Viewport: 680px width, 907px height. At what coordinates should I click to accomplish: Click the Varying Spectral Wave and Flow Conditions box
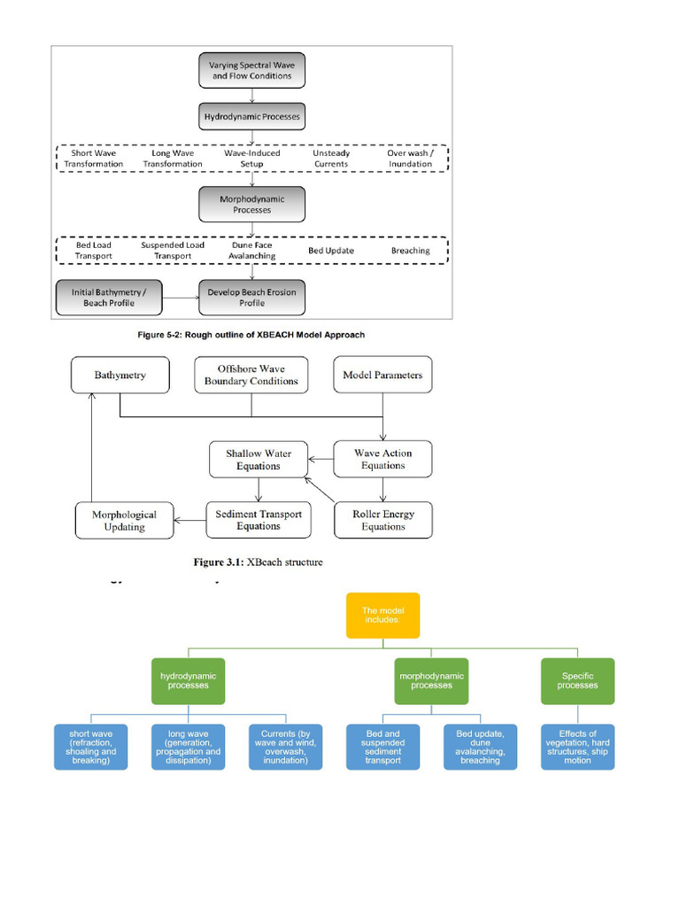click(251, 70)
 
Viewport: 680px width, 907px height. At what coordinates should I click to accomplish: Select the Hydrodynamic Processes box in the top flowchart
click(251, 117)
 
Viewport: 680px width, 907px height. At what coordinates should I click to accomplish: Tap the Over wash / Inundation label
click(410, 159)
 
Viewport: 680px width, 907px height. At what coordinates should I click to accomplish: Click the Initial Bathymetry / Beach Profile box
click(110, 298)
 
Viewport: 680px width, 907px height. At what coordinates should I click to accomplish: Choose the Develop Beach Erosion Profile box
click(251, 298)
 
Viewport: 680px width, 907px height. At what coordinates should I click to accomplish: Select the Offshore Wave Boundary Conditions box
click(251, 375)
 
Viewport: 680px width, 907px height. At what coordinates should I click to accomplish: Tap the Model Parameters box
click(382, 375)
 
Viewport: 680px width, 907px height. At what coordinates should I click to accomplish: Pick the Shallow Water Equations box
click(258, 460)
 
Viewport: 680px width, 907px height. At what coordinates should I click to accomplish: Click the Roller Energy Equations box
click(382, 520)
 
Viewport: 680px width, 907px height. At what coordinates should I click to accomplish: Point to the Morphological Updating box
click(124, 520)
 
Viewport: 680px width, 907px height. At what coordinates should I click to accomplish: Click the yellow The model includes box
click(382, 616)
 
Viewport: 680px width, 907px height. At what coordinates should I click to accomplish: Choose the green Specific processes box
click(577, 680)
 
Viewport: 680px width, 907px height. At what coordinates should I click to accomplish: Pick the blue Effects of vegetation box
click(577, 747)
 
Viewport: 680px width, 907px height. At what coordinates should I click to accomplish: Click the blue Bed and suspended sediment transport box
click(382, 747)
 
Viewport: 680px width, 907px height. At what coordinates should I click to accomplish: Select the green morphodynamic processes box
click(431, 680)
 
